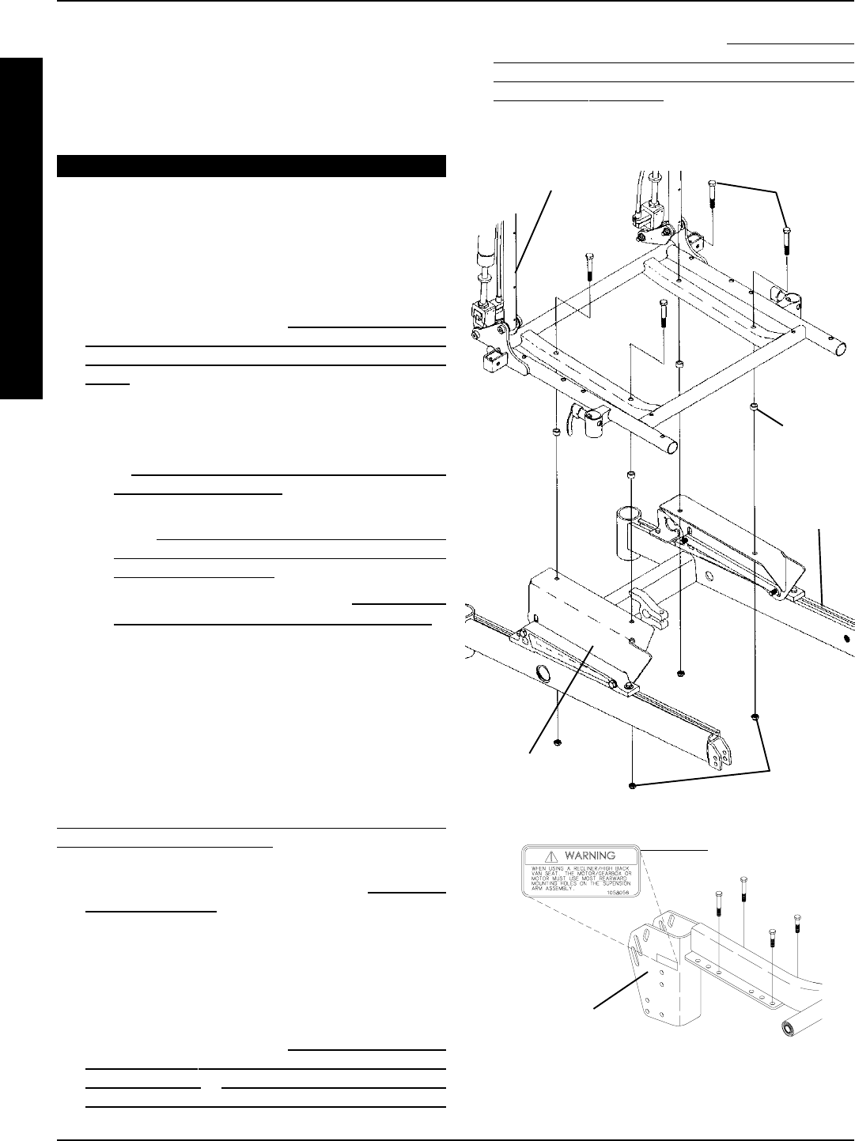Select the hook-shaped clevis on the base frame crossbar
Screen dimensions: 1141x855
click(x=641, y=601)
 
